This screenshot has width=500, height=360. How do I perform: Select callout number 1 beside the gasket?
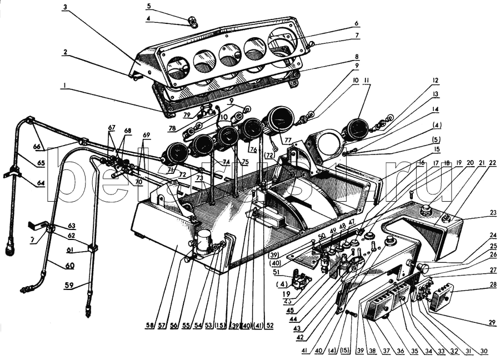tap(65, 86)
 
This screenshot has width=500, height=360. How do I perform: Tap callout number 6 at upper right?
tap(357, 23)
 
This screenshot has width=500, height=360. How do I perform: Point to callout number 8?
tap(357, 56)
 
